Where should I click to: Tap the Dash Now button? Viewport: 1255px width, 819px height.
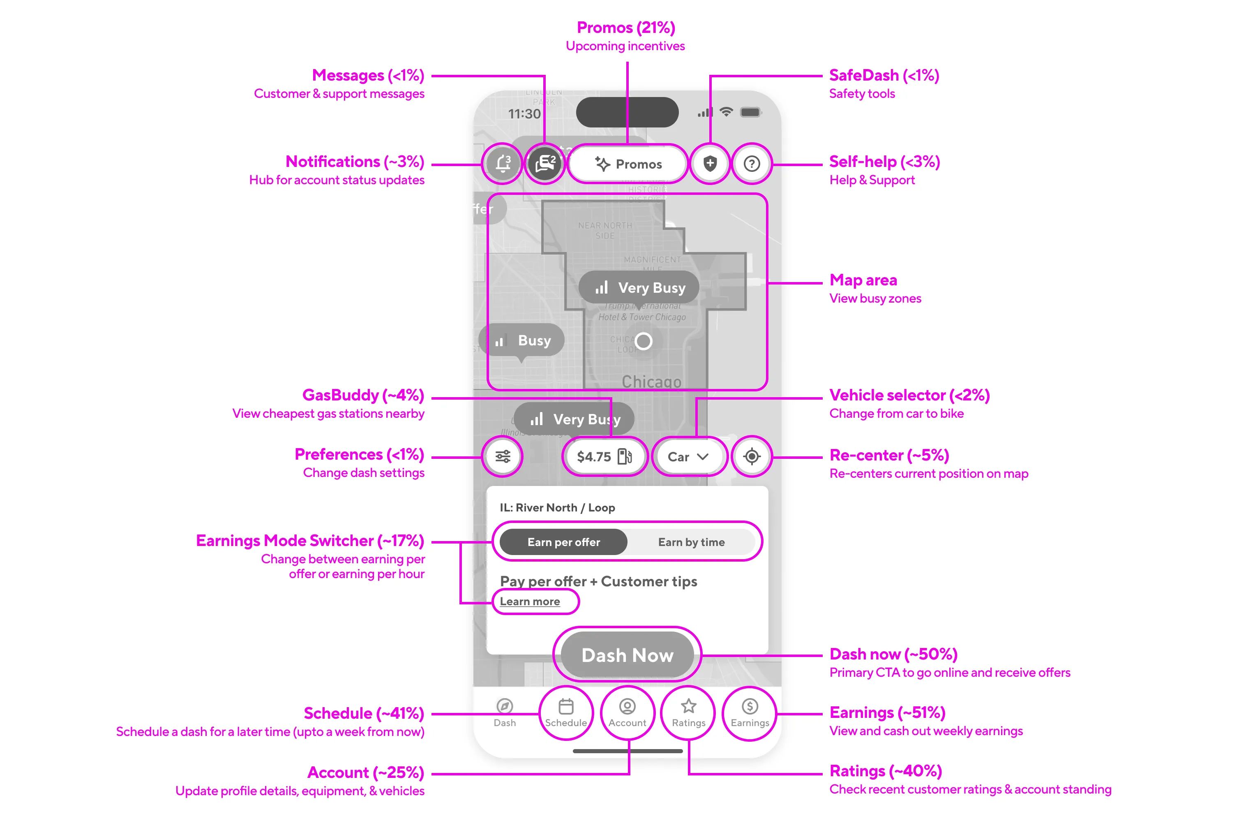click(627, 655)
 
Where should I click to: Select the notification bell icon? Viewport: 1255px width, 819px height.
click(503, 164)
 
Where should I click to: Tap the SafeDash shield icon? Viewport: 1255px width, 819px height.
click(710, 164)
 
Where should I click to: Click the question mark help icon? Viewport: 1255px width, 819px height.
click(752, 164)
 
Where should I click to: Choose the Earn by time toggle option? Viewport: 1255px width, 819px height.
click(691, 542)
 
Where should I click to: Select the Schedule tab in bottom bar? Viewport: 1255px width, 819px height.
click(566, 713)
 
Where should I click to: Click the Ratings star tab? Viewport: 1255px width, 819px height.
click(688, 713)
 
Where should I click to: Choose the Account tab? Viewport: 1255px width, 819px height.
click(627, 713)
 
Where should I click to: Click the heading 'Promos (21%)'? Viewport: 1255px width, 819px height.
click(626, 28)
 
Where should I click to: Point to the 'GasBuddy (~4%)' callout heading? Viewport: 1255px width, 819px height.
click(363, 395)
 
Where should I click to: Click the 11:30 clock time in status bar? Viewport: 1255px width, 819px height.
click(524, 114)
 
